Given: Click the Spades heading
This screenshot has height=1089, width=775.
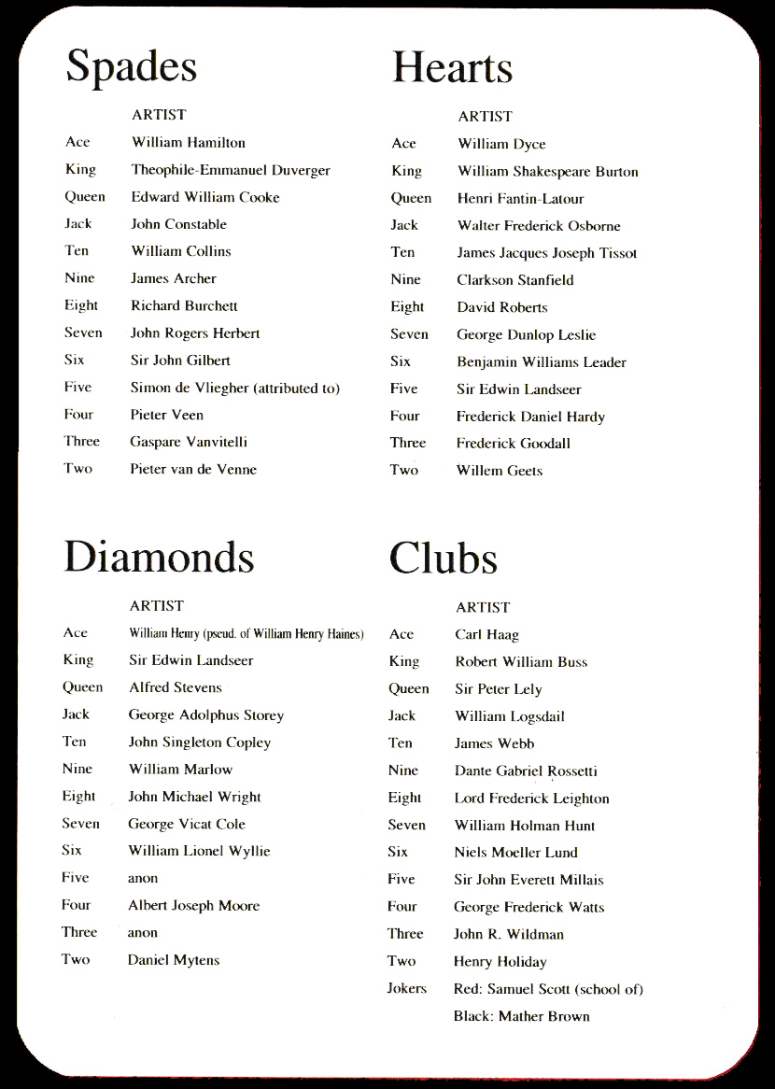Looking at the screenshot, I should pos(132,67).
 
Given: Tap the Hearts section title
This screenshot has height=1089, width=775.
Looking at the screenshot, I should pos(452,67).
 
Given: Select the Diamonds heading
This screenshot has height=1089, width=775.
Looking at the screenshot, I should pos(159,557).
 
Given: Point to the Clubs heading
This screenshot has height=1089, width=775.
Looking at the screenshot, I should pos(443,559).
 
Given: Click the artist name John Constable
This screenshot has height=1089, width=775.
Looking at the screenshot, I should pos(179,224).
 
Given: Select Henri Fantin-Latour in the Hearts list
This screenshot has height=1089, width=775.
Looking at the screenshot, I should pos(521,198).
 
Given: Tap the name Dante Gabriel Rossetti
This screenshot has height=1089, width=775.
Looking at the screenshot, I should pos(526,771).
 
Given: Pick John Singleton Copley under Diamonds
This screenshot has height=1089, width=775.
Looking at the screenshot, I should pos(200,742).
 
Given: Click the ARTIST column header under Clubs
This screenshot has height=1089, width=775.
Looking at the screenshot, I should pos(483,607).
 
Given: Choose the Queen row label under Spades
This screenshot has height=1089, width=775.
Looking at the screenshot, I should pos(85,197).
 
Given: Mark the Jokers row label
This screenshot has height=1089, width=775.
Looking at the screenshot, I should pos(407,988).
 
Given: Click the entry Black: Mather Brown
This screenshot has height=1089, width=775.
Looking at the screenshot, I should pos(522,1016).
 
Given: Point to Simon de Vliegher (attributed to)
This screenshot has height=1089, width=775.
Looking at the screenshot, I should pos(234,388).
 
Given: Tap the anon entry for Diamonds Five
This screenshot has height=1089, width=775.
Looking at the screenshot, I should pos(143,878).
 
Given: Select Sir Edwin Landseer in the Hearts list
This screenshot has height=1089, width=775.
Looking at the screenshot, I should pos(519,389).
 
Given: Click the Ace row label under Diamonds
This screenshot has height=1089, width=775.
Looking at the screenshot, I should pos(75,633).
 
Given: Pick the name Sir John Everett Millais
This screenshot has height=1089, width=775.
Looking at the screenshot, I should pos(529,880).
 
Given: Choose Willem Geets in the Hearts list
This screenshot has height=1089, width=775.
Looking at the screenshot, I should pos(500,471).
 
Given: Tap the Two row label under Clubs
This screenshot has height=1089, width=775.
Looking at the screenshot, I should pos(402,961).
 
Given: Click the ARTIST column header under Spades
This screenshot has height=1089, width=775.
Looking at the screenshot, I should pos(159,115).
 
